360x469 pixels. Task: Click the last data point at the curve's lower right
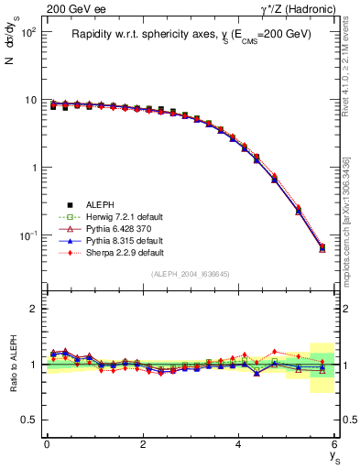(x=322, y=247)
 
